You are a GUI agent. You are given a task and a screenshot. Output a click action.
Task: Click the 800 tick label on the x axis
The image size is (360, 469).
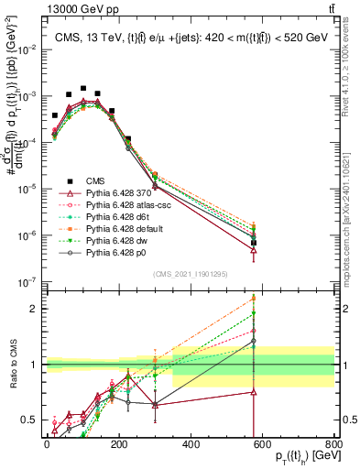click(x=334, y=444)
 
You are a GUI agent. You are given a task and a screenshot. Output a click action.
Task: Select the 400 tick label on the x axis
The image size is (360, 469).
click(x=191, y=444)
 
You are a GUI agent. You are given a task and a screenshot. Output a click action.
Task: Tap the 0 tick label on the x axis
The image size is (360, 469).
click(x=47, y=444)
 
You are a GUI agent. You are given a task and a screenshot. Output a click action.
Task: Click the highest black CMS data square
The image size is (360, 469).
click(x=83, y=89)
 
